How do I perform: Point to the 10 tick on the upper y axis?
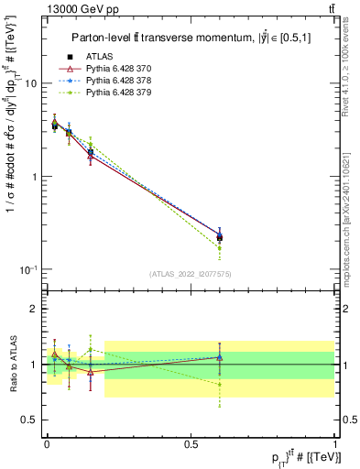coord(31,83)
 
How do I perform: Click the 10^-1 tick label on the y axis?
coord(27,269)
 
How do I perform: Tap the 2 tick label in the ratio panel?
coord(34,309)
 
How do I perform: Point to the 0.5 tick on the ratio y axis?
coord(29,420)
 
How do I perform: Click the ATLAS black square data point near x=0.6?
coord(219,237)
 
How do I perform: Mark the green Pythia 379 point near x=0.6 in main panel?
coord(219,248)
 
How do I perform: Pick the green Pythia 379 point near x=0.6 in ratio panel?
coord(219,385)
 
